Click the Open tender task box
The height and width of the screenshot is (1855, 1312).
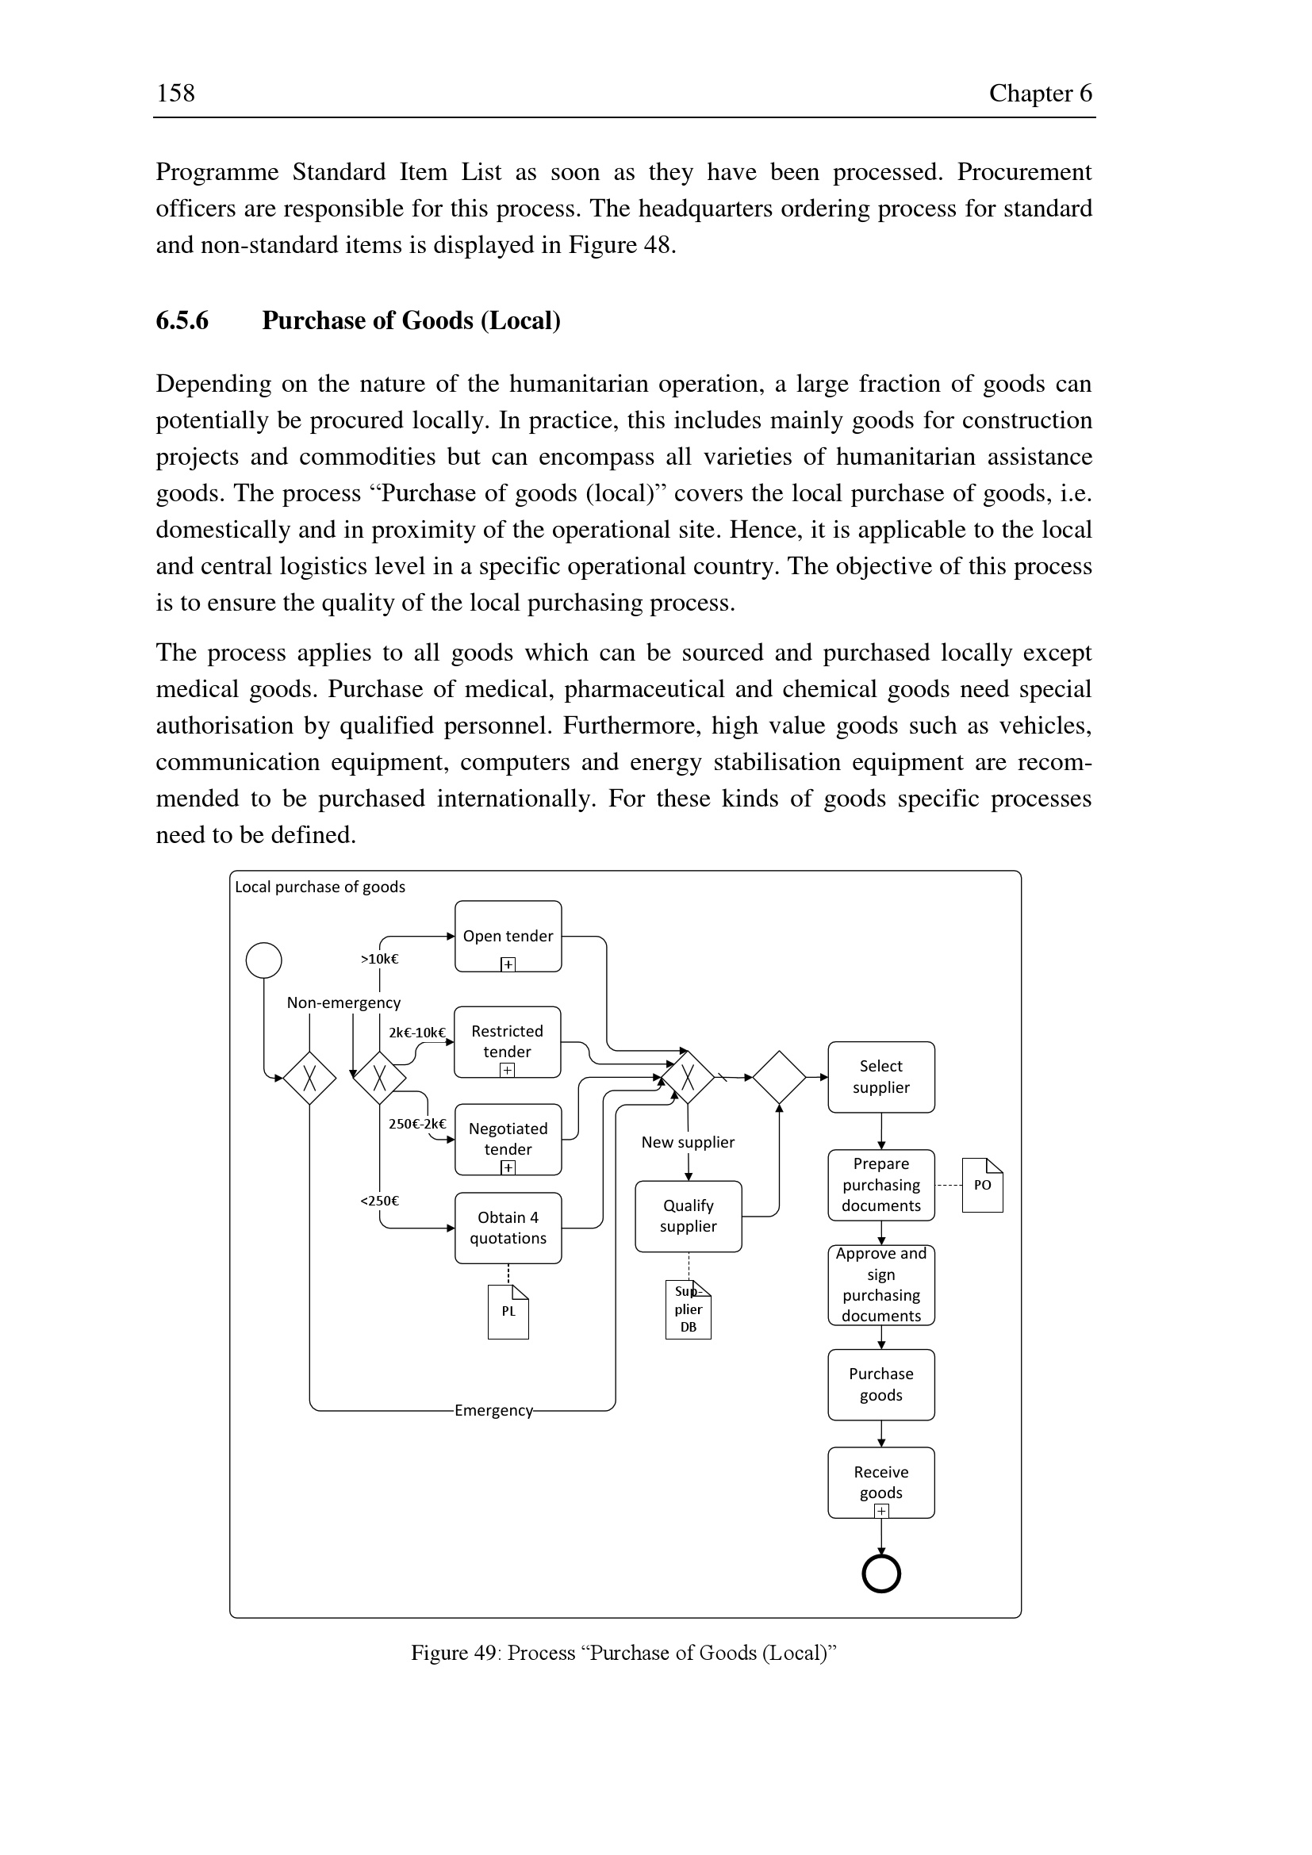pos(508,936)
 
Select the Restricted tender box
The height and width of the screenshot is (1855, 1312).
pos(508,1041)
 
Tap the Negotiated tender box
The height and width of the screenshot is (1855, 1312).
pos(508,1138)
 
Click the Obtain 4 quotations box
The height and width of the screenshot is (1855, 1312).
pos(508,1227)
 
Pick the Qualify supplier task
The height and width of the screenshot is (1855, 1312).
pos(688,1216)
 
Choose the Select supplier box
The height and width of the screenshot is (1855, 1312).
pos(880,1076)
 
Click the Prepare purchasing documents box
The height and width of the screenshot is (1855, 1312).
pos(880,1184)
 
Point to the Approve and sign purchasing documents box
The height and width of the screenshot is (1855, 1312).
pos(880,1285)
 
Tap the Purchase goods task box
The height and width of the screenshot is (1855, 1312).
pos(880,1384)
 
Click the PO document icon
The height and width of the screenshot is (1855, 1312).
pos(981,1185)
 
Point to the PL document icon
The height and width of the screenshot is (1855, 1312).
pos(508,1311)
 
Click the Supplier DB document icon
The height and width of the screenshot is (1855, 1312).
pos(689,1309)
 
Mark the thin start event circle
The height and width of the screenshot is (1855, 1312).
pos(263,960)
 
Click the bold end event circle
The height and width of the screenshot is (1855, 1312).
pos(880,1573)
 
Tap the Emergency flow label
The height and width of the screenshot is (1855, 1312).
pos(493,1410)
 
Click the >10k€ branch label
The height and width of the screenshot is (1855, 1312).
pos(379,959)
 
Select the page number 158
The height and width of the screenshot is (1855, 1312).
pos(175,93)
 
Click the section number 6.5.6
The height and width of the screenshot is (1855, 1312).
pos(182,320)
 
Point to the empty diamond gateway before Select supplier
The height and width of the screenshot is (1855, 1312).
pos(779,1077)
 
